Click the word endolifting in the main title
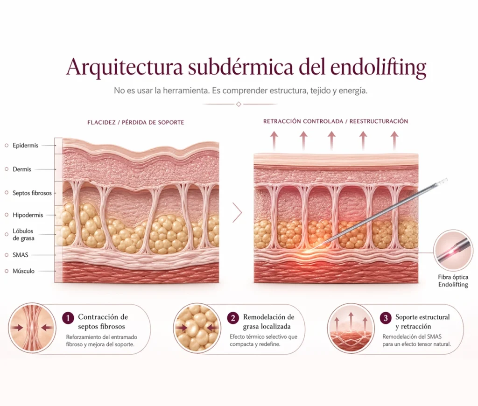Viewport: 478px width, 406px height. coord(378,68)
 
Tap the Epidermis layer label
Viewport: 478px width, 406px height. coord(25,146)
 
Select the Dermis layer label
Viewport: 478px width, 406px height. coord(21,169)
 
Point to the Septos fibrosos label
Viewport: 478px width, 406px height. coord(32,193)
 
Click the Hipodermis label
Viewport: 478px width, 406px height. coord(28,215)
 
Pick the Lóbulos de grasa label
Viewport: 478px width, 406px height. coord(23,234)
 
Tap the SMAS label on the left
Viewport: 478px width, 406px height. coord(20,255)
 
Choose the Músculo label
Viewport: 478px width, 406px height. coord(23,271)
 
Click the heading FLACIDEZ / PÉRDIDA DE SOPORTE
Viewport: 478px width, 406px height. coord(136,123)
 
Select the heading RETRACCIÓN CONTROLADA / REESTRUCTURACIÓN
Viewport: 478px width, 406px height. coord(335,121)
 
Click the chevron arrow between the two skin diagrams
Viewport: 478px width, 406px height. coord(237,212)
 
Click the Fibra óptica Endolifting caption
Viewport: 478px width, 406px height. coord(453,281)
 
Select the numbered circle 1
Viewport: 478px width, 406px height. coord(68,318)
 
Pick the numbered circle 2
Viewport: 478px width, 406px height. coord(233,318)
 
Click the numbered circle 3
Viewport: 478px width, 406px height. coord(386,318)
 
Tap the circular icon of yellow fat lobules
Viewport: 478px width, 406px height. coord(197,328)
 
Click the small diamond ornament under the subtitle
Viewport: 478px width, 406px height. coord(239,104)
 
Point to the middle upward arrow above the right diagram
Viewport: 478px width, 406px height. coord(332,140)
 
